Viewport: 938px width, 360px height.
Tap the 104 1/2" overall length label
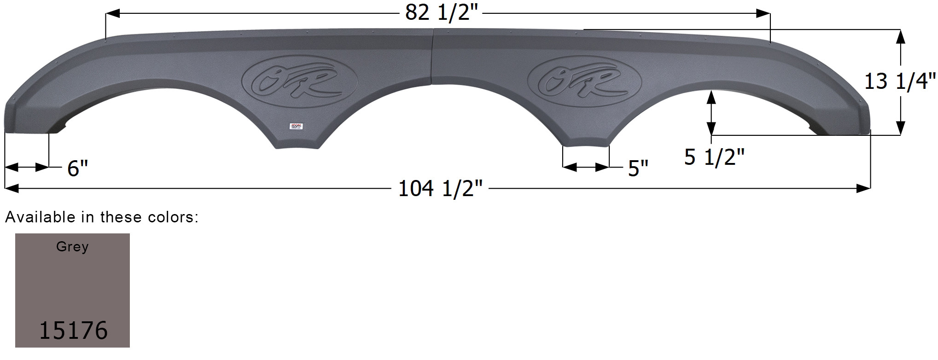tap(441, 189)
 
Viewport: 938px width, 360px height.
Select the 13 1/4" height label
tap(899, 81)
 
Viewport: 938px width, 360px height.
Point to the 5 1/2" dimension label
tap(714, 157)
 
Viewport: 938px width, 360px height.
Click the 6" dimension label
tap(77, 168)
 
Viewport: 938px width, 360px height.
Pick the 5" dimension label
tap(638, 168)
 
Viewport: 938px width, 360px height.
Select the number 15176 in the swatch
tap(73, 330)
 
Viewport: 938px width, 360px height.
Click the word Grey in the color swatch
tap(72, 247)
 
